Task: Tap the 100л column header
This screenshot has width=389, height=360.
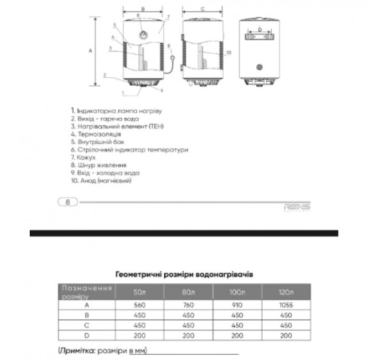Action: [x=237, y=293]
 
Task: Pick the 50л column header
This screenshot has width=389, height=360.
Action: [x=140, y=293]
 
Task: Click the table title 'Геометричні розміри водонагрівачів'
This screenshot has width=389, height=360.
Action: [x=184, y=274]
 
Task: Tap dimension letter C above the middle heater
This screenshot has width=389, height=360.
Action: [x=203, y=9]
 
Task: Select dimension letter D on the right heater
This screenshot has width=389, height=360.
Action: [x=260, y=29]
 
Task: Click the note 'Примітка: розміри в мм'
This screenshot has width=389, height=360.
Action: [x=103, y=350]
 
